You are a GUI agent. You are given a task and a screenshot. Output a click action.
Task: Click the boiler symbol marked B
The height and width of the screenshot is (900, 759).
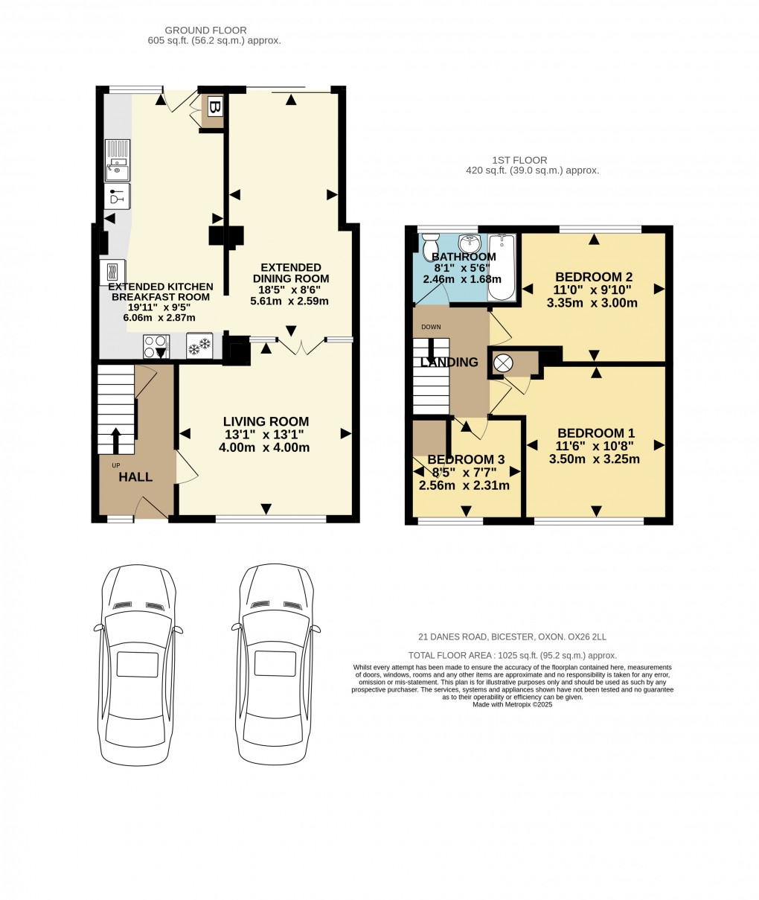(214, 107)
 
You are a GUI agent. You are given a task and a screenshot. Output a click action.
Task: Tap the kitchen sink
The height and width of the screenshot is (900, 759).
(117, 160)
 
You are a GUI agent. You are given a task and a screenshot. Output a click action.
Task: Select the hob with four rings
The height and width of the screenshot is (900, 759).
(156, 346)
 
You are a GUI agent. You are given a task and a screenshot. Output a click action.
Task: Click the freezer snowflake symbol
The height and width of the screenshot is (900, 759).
(199, 346)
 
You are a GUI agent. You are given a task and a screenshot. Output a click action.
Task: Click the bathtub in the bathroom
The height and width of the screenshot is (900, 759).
(502, 267)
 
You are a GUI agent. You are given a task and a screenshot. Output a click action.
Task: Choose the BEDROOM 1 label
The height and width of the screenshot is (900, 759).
(596, 433)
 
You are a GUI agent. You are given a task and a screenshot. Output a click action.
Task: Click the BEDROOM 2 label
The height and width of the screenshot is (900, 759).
(593, 276)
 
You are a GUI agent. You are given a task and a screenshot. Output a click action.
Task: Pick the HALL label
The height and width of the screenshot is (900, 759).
(135, 477)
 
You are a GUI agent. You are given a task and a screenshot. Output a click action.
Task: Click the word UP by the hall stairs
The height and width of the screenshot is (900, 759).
(115, 465)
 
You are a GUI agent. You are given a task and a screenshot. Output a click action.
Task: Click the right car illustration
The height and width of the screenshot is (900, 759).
(279, 663)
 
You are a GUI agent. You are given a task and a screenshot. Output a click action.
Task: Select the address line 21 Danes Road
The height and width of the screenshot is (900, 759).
(512, 636)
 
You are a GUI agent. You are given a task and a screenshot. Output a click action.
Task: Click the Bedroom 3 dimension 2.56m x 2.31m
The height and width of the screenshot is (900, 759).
(464, 485)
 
